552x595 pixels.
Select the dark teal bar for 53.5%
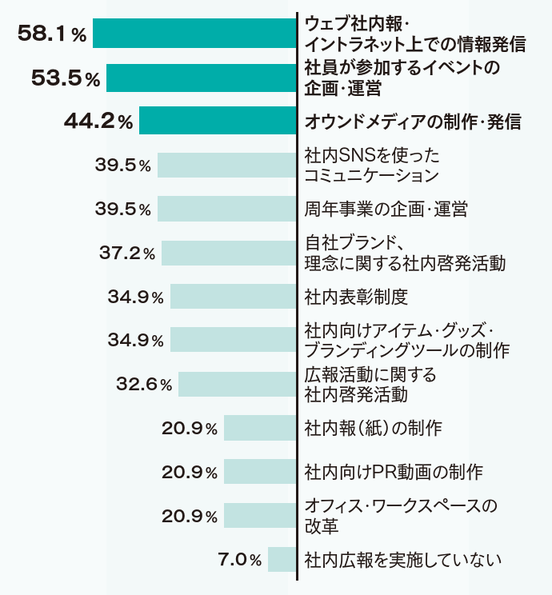pos(201,78)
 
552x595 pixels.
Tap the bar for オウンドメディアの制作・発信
pos(217,122)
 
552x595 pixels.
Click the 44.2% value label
pos(98,122)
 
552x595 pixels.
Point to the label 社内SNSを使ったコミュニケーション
pos(372,165)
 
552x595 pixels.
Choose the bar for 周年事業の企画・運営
pos(226,210)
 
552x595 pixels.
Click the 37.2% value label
pos(127,253)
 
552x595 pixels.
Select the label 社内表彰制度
pos(356,297)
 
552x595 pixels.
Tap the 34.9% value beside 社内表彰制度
pos(135,297)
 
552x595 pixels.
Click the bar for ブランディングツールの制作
pos(233,340)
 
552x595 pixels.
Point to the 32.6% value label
pos(144,384)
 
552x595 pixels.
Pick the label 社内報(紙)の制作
pos(374,428)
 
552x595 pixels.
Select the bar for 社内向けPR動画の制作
pos(259,472)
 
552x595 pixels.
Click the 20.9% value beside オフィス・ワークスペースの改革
pos(190,516)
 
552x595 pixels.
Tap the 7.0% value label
pos(239,560)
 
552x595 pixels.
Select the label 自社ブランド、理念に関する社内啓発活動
pos(405,253)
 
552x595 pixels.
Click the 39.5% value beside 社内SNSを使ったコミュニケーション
pos(122,166)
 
